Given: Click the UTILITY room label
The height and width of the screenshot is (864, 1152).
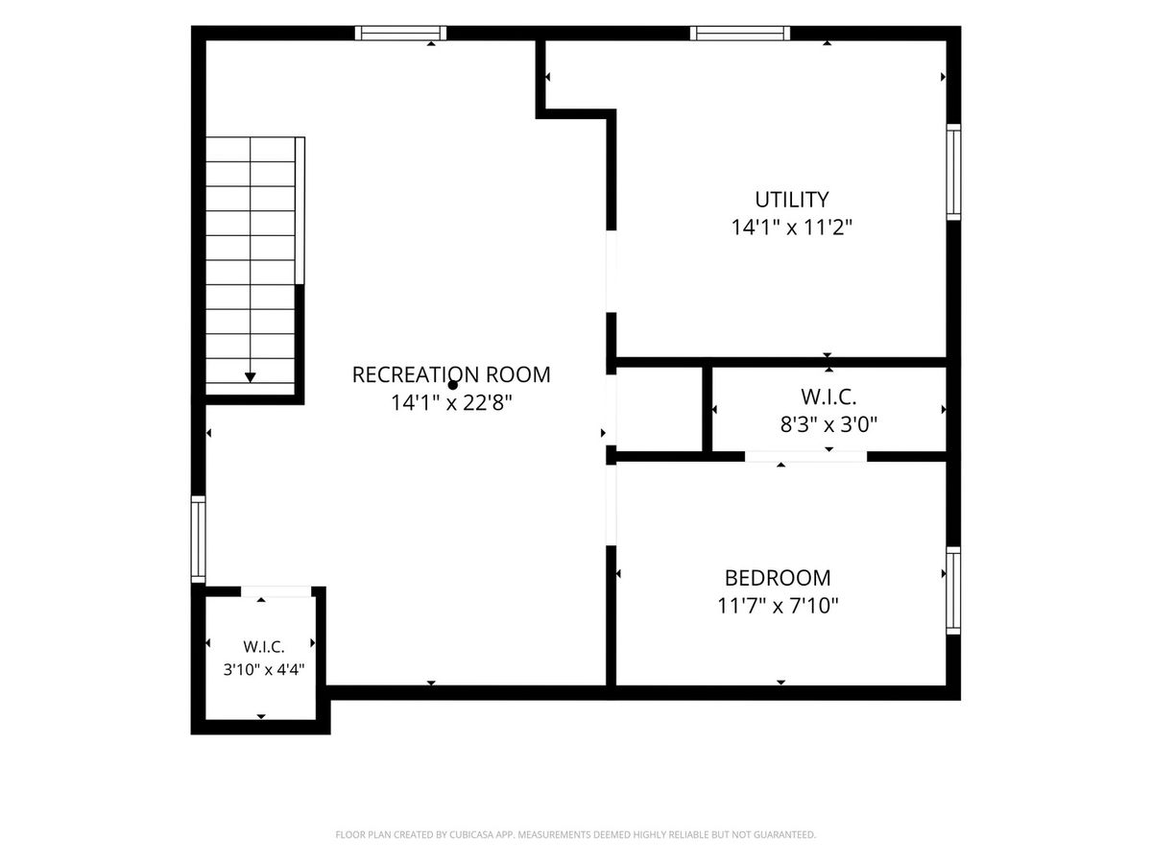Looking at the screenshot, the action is [x=791, y=200].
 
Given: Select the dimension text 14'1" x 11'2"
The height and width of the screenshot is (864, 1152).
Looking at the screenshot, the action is [x=791, y=228].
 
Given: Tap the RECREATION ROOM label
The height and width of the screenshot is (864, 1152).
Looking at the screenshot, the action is [x=451, y=374].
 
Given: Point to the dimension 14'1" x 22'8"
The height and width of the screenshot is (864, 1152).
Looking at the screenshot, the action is [x=451, y=403].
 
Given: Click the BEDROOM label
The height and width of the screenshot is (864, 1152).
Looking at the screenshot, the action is [x=778, y=578].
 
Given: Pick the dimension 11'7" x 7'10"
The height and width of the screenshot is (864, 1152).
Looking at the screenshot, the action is [x=778, y=606].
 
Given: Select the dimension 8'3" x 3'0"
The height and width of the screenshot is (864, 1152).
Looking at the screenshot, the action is [x=828, y=424].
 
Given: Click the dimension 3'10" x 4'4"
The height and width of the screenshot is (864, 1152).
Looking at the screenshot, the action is [x=264, y=670].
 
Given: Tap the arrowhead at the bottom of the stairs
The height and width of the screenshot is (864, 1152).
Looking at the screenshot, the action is [x=251, y=377].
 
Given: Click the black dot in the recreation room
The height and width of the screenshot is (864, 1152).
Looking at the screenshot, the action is [x=453, y=386].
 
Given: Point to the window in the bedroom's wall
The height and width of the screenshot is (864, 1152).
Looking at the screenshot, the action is [x=953, y=590].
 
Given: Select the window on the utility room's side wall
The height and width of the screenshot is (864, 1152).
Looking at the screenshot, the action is [x=953, y=172].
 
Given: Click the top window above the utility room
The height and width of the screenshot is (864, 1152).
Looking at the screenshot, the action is [x=740, y=33].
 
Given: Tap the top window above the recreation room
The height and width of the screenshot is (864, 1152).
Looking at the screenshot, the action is [x=400, y=33].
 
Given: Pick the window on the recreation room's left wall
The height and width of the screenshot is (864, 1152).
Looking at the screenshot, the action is [x=198, y=539].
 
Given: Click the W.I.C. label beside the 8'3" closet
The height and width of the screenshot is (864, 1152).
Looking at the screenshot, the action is [x=828, y=396].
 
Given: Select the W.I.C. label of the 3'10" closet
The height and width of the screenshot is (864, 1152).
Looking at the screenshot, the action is [x=264, y=647].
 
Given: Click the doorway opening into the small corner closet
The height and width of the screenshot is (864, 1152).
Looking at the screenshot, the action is [x=276, y=591].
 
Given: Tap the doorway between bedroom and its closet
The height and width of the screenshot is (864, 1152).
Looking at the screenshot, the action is [x=805, y=456].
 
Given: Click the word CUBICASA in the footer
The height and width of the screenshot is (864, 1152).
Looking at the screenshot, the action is [x=471, y=834].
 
